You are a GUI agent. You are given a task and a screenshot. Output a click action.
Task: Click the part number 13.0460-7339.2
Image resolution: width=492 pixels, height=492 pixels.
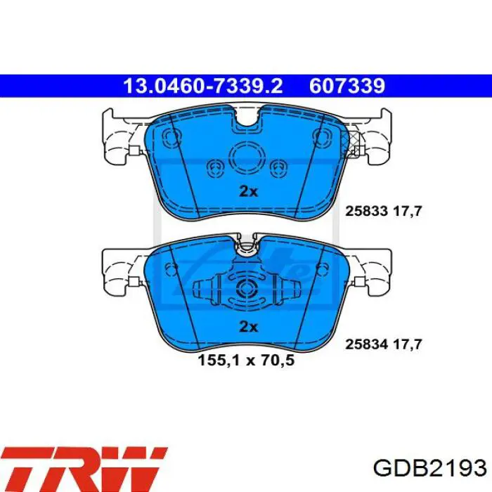[203, 86]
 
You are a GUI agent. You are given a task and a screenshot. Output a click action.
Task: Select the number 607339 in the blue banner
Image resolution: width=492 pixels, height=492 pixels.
[347, 86]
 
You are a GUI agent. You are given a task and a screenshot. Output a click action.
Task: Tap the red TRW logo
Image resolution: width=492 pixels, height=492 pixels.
[84, 470]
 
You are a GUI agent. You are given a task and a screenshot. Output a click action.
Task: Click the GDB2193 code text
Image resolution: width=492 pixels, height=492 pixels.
[430, 469]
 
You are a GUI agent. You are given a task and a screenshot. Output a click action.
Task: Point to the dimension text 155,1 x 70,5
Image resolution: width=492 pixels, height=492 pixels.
[246, 360]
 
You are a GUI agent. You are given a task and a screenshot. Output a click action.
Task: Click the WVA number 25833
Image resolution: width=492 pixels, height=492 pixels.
[366, 211]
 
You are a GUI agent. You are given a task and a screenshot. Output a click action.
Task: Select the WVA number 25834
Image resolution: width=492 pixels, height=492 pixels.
[366, 344]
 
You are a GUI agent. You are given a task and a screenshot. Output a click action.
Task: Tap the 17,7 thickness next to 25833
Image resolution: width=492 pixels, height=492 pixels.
[407, 211]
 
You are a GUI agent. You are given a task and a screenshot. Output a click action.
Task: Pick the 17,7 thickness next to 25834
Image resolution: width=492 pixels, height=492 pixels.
[407, 344]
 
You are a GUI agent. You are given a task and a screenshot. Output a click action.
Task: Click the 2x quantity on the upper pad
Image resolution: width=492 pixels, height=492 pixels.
[249, 191]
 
